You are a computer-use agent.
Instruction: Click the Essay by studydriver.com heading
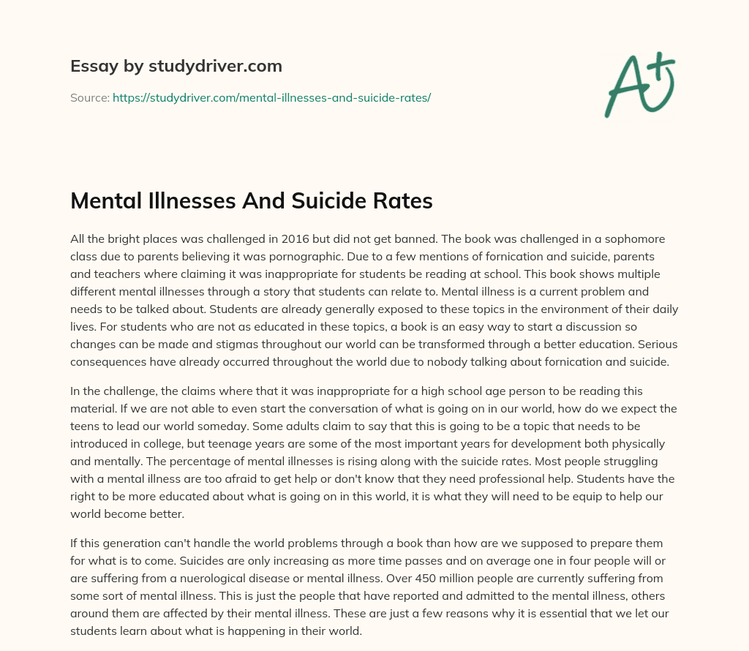coord(176,66)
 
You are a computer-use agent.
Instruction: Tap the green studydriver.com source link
coord(271,97)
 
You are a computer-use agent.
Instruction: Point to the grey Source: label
coord(89,97)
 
